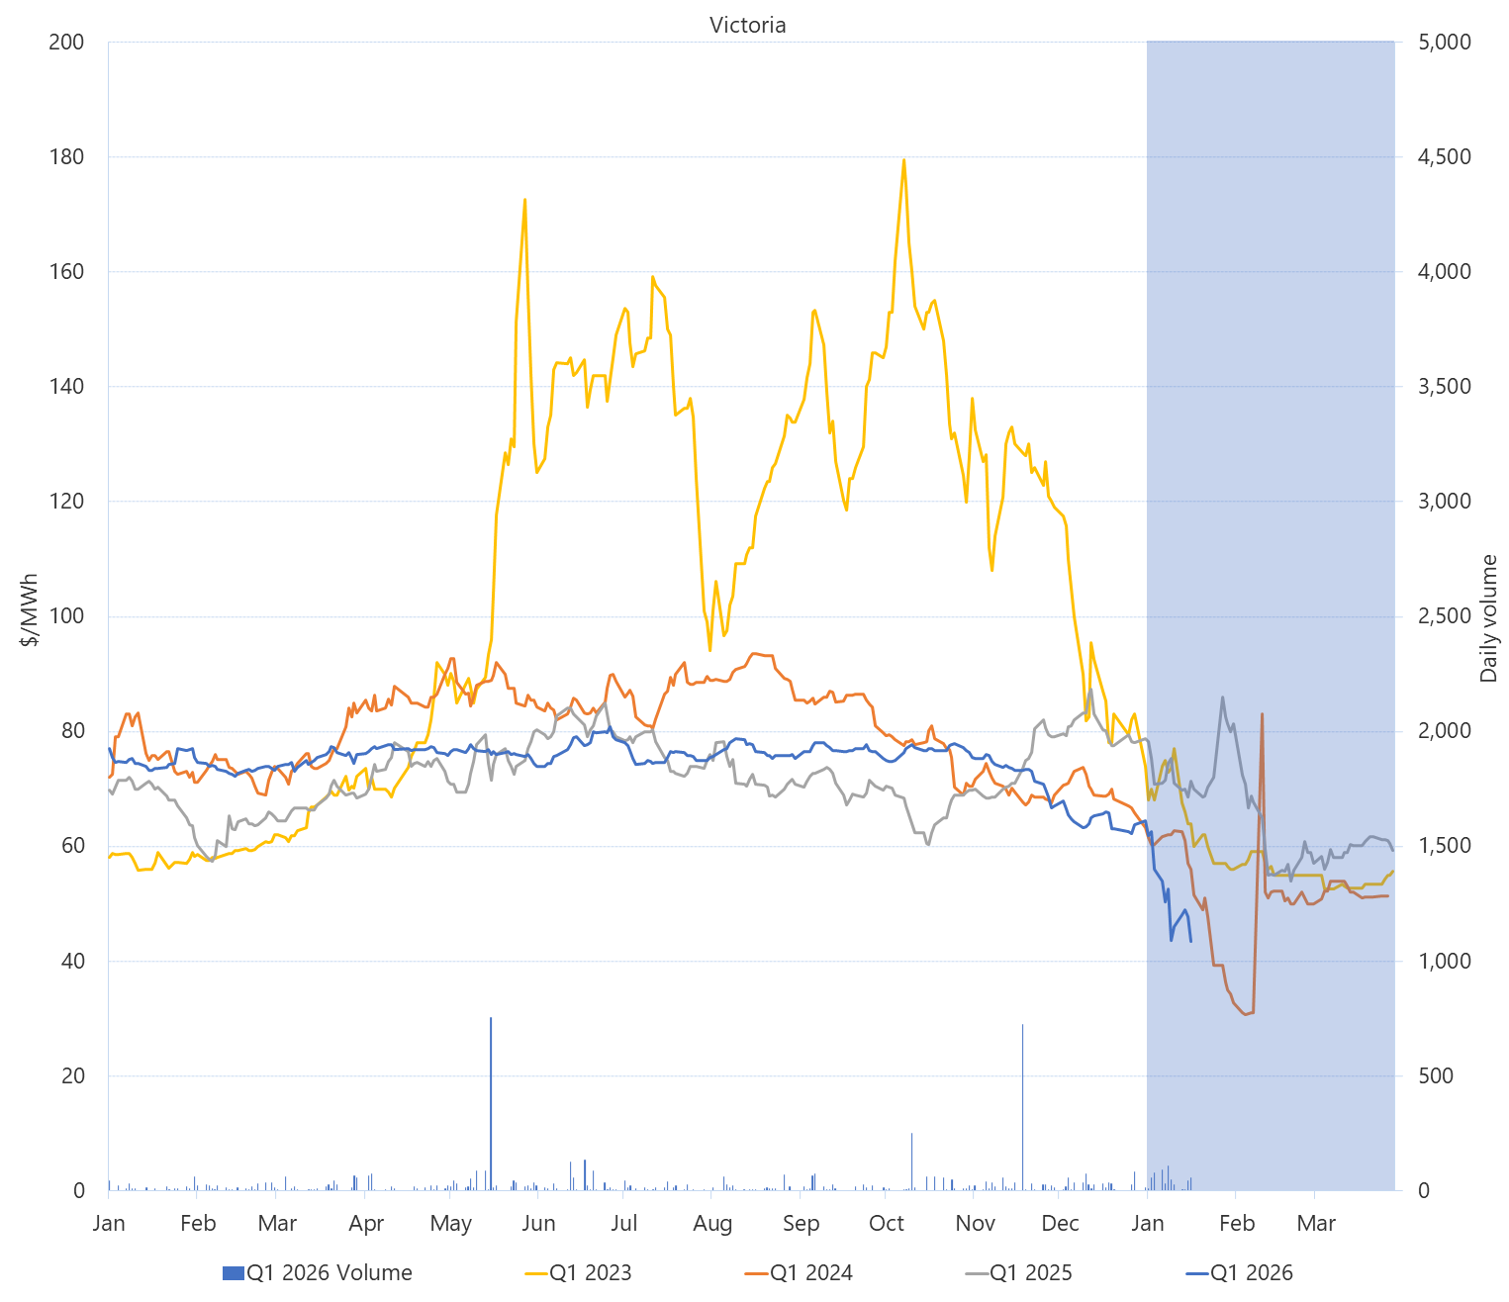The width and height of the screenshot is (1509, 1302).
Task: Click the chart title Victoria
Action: point(747,25)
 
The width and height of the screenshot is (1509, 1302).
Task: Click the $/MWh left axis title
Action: point(30,609)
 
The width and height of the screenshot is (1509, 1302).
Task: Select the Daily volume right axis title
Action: point(1488,618)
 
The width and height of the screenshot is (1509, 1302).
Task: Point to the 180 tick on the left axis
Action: point(66,156)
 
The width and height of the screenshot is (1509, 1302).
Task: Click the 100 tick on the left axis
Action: point(66,615)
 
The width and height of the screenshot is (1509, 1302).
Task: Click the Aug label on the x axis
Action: point(712,1224)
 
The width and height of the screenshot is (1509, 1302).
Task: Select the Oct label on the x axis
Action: point(887,1224)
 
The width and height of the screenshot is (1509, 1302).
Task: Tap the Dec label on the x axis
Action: point(1060,1224)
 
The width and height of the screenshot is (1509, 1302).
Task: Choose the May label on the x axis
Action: point(451,1224)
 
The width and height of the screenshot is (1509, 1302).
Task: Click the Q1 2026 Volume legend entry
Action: point(318,1272)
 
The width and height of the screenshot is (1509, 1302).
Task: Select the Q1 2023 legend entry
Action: point(579,1272)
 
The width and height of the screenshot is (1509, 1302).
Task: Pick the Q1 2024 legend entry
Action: point(799,1272)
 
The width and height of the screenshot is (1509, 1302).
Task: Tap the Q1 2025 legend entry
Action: point(1018,1272)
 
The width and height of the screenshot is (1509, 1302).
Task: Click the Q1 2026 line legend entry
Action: point(1239,1272)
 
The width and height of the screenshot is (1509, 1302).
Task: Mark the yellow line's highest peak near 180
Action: point(903,160)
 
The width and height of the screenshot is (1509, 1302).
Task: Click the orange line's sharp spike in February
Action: point(1262,714)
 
